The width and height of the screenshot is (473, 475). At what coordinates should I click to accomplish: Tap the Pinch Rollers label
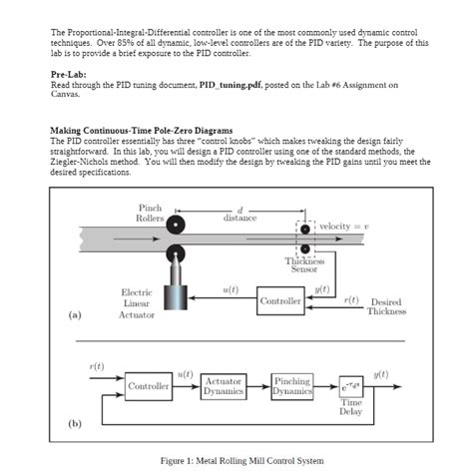tap(150, 213)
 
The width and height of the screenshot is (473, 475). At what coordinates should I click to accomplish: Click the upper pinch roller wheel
tap(177, 224)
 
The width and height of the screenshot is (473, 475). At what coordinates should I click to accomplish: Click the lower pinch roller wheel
tap(177, 250)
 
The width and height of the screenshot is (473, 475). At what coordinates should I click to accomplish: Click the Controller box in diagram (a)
tap(279, 300)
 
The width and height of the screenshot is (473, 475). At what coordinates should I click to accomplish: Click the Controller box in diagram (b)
tap(149, 386)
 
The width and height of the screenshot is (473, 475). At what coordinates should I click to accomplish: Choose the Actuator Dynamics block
tap(223, 386)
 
